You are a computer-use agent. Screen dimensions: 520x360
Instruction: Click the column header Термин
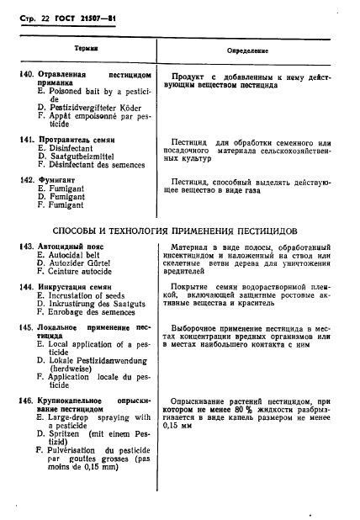(91, 49)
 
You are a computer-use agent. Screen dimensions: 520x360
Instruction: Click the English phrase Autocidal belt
(81, 255)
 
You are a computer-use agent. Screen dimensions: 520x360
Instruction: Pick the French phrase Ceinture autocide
(86, 272)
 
